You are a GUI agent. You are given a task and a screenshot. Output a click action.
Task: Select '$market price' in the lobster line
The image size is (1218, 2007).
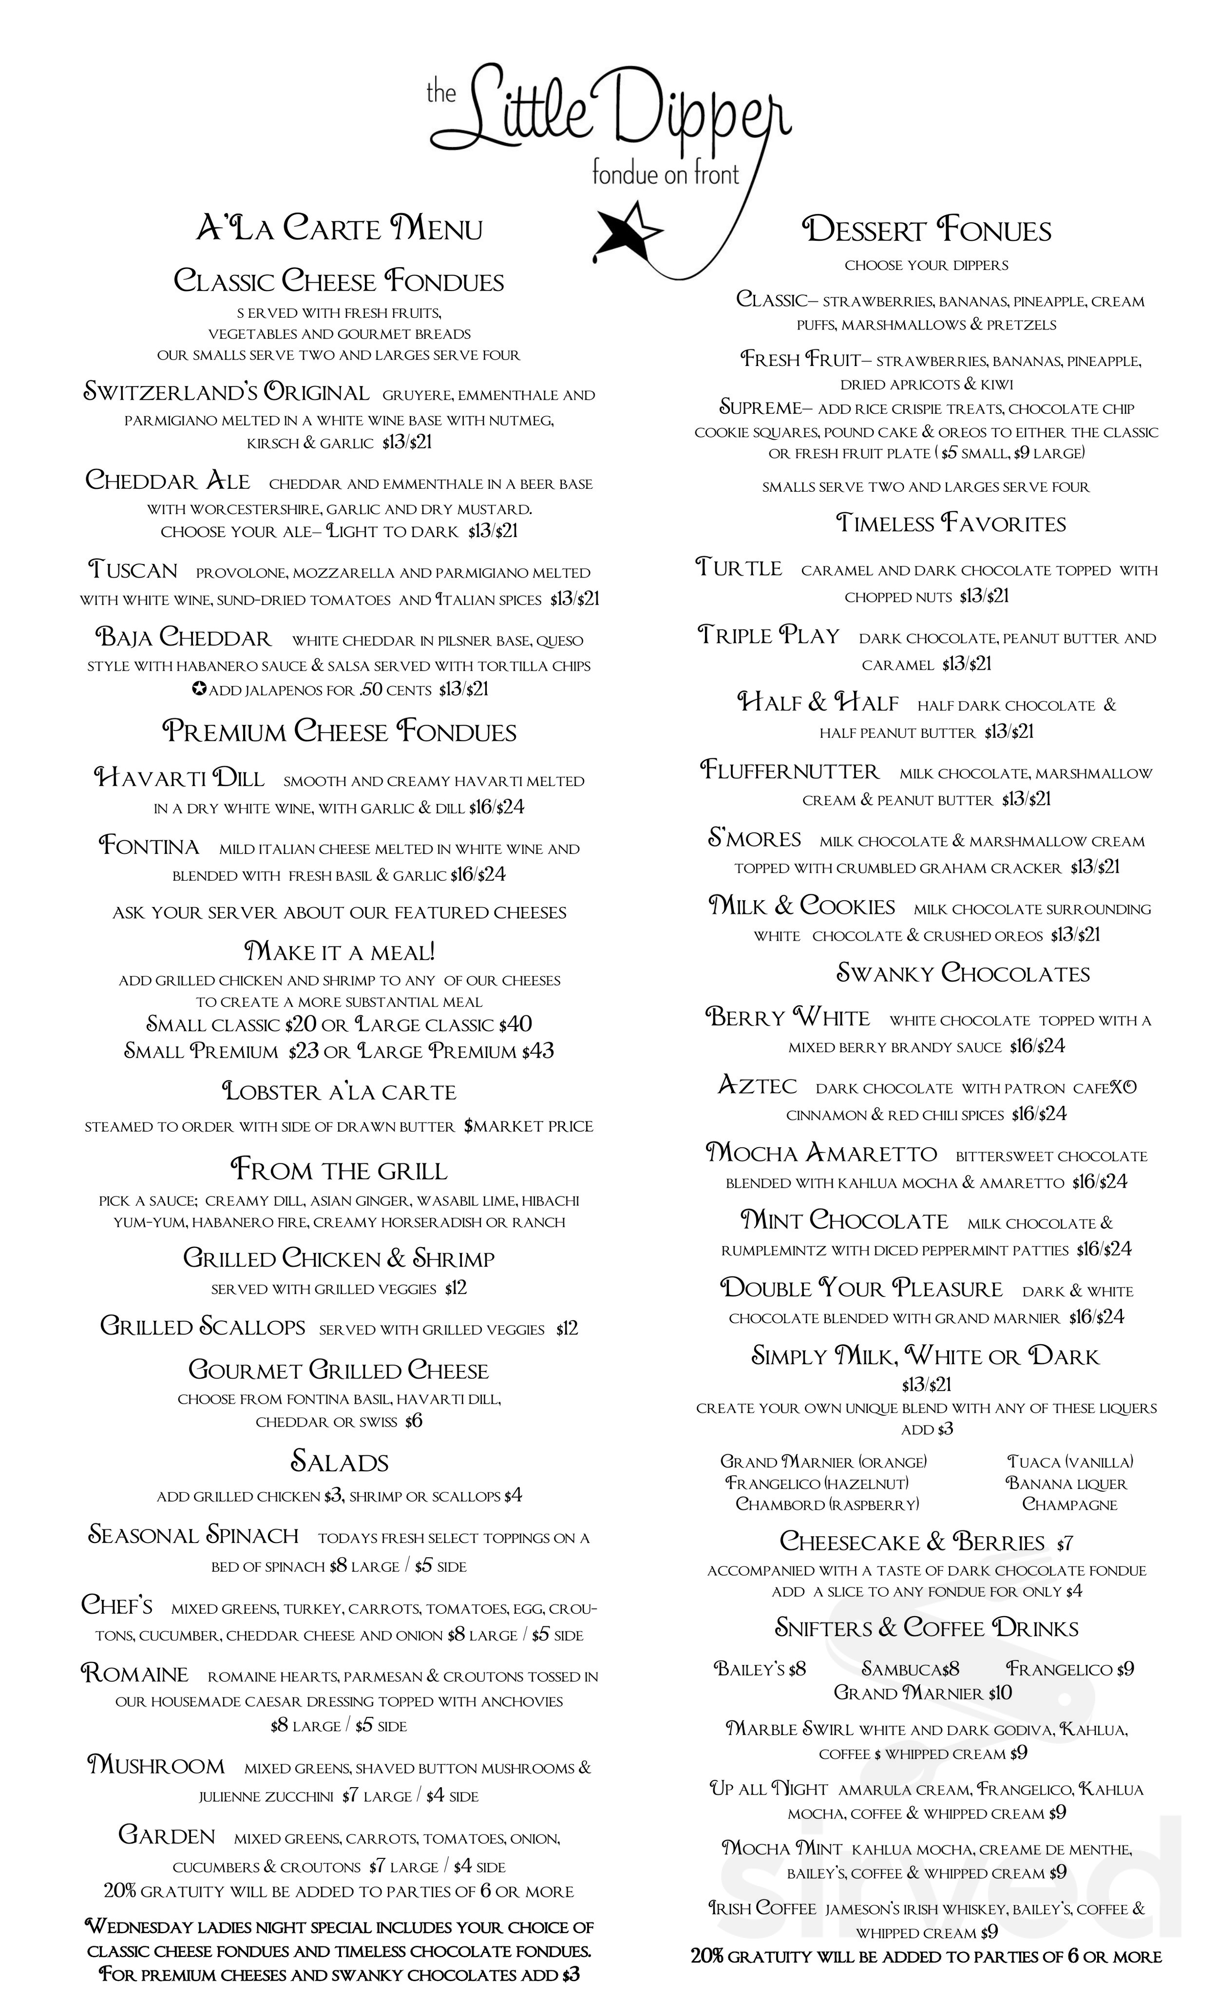pos(529,1126)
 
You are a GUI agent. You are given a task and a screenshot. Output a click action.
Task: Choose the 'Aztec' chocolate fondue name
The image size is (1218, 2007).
pos(757,1086)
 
